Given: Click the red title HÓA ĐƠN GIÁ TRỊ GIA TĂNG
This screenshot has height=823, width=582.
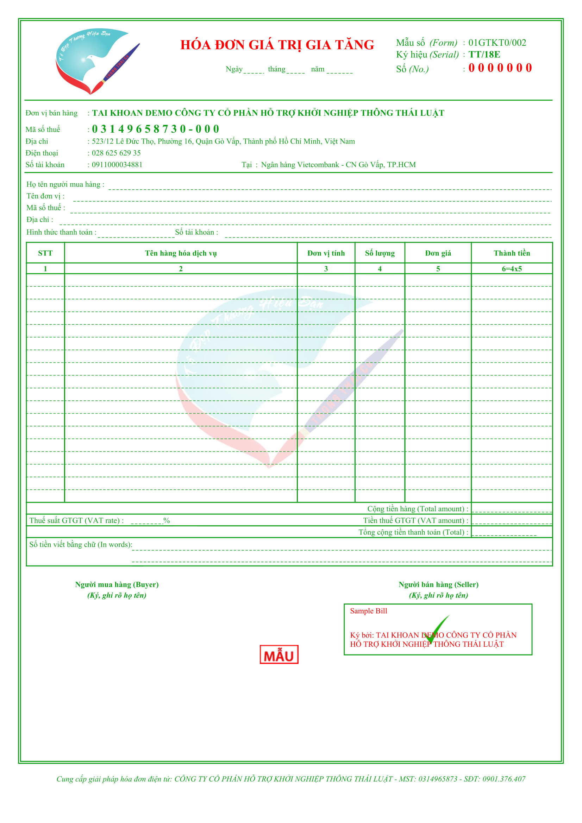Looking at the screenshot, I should [277, 45].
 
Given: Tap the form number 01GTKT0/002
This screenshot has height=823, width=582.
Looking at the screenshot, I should [497, 43].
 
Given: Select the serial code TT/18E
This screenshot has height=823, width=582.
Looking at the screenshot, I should [484, 55].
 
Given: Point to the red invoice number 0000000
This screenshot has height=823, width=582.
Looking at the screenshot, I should [500, 68].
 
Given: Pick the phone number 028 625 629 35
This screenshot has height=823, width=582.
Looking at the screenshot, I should [116, 153].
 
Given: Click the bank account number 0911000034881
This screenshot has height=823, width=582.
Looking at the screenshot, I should [117, 165].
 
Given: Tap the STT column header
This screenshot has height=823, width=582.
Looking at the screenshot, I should [45, 253].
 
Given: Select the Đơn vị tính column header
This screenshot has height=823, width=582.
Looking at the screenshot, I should [326, 253].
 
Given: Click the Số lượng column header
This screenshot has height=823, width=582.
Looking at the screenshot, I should [380, 253].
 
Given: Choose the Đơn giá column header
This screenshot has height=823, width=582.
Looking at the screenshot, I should [438, 253].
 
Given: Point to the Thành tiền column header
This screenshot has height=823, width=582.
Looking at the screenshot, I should [512, 253].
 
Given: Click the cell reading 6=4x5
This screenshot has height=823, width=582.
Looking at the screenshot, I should [512, 269].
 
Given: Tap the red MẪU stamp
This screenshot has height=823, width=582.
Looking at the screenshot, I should [279, 655].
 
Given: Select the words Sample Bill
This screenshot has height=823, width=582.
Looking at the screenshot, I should [368, 611].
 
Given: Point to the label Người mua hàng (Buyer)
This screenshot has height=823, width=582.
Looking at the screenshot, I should [117, 585].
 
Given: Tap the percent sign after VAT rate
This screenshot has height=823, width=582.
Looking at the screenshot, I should [167, 520].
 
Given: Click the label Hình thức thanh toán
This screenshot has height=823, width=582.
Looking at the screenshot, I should [61, 232].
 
